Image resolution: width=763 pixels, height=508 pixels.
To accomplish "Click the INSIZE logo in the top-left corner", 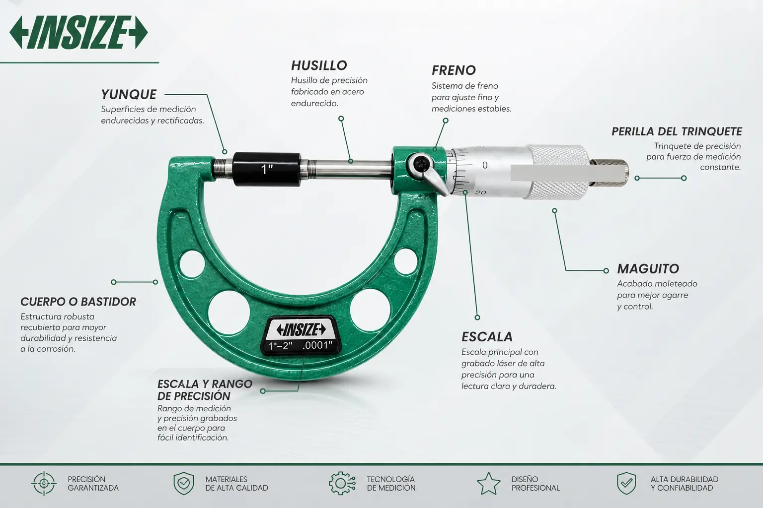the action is click(x=78, y=33).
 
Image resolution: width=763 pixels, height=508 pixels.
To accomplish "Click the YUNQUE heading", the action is click(x=129, y=95).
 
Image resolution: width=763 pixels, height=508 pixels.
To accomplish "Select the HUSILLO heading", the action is click(x=319, y=65).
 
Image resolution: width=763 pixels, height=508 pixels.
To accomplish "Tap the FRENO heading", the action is click(x=454, y=70).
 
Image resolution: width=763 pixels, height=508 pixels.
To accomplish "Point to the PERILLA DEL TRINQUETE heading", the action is click(x=677, y=131).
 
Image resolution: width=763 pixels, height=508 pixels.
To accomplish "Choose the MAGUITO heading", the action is click(x=648, y=269).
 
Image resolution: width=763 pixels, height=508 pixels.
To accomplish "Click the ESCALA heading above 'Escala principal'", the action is click(x=487, y=337).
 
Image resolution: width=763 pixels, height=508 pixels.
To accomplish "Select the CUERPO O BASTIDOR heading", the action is click(x=78, y=302).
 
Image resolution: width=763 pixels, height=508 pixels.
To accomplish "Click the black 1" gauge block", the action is click(x=267, y=169).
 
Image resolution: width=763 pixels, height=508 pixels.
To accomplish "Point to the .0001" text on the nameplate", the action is click(x=317, y=345).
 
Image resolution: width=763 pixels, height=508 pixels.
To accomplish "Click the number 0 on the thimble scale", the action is click(x=485, y=165).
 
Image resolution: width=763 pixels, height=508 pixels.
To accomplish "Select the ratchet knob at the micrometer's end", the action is click(x=610, y=174).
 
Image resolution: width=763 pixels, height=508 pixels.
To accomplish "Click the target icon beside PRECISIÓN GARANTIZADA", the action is click(x=44, y=483).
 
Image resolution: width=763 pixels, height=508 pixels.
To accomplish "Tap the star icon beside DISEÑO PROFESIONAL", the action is click(x=488, y=484).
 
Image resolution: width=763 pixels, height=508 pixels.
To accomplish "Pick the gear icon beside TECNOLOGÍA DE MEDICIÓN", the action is click(x=342, y=483).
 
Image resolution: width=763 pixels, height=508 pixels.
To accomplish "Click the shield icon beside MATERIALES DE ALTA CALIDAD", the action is click(x=184, y=483).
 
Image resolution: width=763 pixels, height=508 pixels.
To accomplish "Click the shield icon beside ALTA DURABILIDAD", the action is click(x=626, y=483).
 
